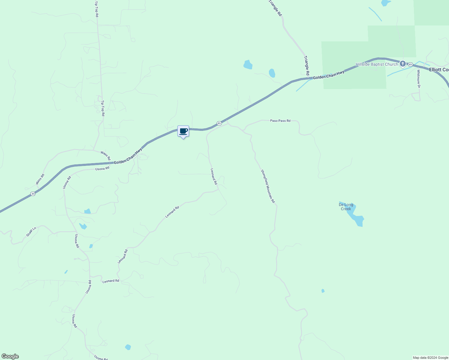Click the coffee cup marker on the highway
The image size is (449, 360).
click(183, 131)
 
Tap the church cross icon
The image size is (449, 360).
click(402, 64)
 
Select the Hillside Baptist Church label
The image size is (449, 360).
click(377, 64)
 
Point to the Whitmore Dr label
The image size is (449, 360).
click(418, 79)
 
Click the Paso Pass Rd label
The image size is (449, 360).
click(280, 121)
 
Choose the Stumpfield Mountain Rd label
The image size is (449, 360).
click(267, 186)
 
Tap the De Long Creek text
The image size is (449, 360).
click(346, 207)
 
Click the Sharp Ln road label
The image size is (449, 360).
click(31, 232)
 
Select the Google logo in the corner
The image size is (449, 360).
click(10, 356)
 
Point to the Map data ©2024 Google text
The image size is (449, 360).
click(430, 358)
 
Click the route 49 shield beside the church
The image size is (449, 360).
click(410, 64)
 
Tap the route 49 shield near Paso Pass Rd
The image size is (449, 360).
click(219, 123)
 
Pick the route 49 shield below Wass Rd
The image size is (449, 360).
click(33, 194)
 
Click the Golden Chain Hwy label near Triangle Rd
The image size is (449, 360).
click(328, 75)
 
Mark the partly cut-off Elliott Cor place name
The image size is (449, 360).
click(439, 70)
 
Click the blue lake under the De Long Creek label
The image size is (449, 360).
click(356, 218)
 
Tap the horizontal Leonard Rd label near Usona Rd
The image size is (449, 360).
click(111, 281)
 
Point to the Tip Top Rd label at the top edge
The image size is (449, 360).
click(96, 9)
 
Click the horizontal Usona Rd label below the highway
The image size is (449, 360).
click(102, 169)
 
